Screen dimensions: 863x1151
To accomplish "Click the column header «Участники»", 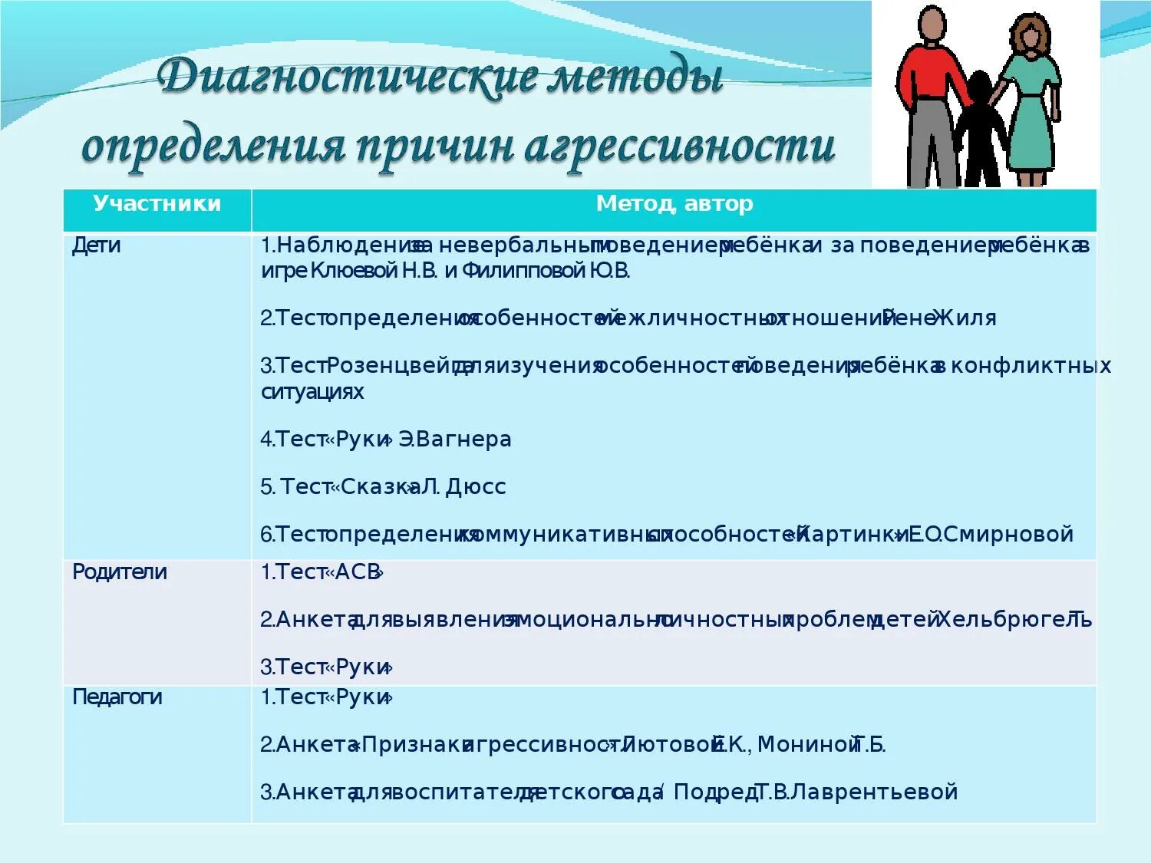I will (x=157, y=204).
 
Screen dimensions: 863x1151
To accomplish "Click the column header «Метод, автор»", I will (x=674, y=204).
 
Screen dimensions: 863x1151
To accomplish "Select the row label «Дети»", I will (x=97, y=246).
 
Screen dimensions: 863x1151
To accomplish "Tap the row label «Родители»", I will (x=120, y=572).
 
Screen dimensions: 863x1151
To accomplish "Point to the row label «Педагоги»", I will (x=117, y=697).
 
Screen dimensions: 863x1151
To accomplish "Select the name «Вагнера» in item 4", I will (x=463, y=440).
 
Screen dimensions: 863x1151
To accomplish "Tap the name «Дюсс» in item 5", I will (x=476, y=487).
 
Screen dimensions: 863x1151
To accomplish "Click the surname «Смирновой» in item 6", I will (x=1008, y=535).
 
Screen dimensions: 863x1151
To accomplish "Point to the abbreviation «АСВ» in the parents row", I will (x=358, y=573).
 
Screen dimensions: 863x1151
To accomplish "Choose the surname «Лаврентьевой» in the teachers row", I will (x=874, y=792).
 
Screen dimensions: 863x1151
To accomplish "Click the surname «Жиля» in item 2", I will (x=966, y=318).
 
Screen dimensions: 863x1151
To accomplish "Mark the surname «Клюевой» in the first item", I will (x=354, y=271).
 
